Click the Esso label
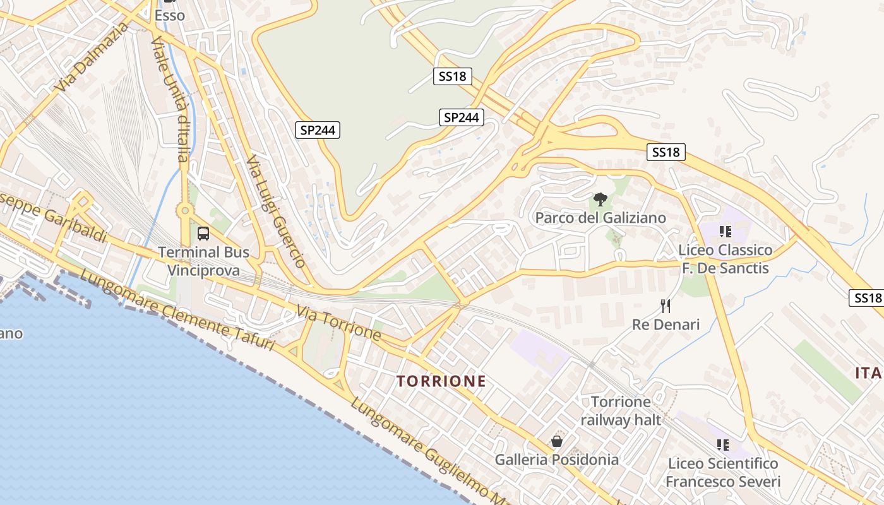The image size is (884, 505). (x=170, y=15)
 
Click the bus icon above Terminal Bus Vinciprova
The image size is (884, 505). (x=203, y=234)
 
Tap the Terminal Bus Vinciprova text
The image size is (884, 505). (x=203, y=261)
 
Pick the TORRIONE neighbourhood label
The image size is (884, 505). (x=441, y=381)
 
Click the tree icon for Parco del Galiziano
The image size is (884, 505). (x=600, y=201)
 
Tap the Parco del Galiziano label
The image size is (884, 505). (x=600, y=218)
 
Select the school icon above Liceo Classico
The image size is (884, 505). (x=725, y=232)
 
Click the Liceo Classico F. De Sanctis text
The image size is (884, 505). (x=725, y=259)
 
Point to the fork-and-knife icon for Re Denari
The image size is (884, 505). (x=666, y=307)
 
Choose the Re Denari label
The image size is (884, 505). (x=666, y=324)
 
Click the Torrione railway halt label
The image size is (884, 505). (x=621, y=411)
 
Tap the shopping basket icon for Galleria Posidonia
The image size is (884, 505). (x=556, y=441)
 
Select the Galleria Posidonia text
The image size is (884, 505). (x=556, y=460)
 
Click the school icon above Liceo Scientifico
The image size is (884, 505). (x=723, y=445)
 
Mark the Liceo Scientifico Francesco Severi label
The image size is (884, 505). (x=723, y=473)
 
